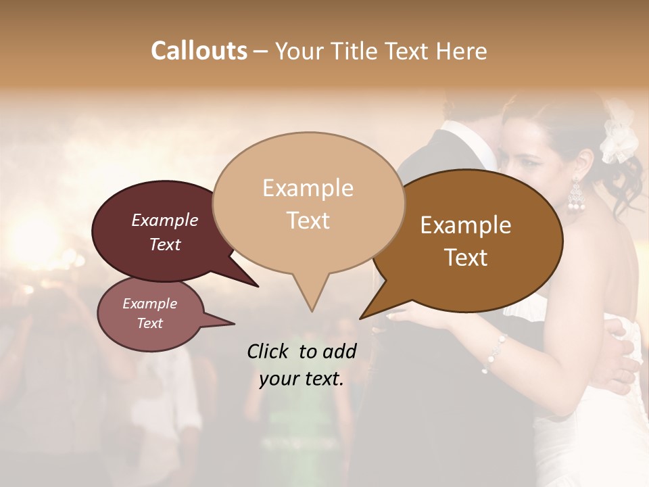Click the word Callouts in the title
click(199, 51)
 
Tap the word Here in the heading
click(460, 51)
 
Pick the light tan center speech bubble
click(308, 203)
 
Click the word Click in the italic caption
click(270, 351)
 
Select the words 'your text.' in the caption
click(301, 379)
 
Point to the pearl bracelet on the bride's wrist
click(495, 352)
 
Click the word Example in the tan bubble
click(308, 188)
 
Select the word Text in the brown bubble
click(466, 258)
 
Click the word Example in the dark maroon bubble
click(165, 220)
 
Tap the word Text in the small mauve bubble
click(150, 323)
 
